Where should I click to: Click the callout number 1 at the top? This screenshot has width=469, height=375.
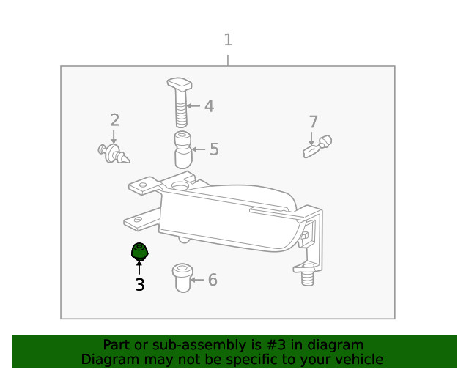pyautogui.click(x=228, y=40)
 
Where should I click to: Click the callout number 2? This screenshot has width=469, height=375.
pyautogui.click(x=114, y=120)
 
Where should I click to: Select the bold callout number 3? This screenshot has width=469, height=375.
pyautogui.click(x=139, y=285)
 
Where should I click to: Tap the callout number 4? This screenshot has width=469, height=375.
pyautogui.click(x=209, y=106)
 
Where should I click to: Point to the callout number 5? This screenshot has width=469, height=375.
pyautogui.click(x=214, y=149)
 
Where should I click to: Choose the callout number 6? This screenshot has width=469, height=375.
pyautogui.click(x=213, y=280)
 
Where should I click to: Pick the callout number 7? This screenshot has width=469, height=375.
pyautogui.click(x=313, y=122)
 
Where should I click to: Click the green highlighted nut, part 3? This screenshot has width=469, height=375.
pyautogui.click(x=139, y=251)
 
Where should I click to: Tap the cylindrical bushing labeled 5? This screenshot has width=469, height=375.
pyautogui.click(x=182, y=149)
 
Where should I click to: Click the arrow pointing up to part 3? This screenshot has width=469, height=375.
pyautogui.click(x=139, y=267)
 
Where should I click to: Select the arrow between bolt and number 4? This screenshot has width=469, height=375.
pyautogui.click(x=193, y=106)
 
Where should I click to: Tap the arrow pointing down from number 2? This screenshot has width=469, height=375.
pyautogui.click(x=114, y=137)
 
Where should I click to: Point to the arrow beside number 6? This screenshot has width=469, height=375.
pyautogui.click(x=197, y=280)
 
